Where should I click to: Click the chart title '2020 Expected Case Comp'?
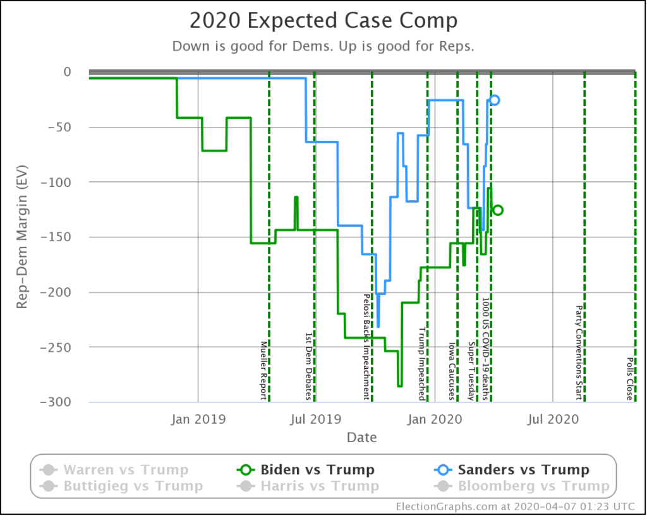coord(323,21)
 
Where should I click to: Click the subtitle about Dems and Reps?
coord(323,47)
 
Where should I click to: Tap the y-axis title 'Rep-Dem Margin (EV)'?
coord(21,237)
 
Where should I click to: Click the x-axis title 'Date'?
coord(361,437)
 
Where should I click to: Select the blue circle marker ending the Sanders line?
coord(494,100)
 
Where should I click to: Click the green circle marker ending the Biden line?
coord(498,210)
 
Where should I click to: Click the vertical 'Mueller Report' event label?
coord(264,370)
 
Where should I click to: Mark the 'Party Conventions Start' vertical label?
coord(578,353)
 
